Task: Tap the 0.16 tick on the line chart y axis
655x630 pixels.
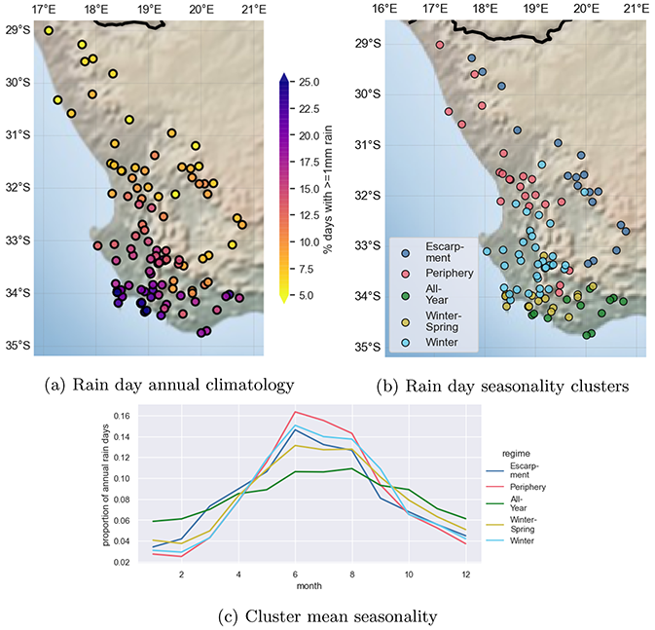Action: tap(119, 416)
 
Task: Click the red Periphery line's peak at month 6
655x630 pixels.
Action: tap(295, 411)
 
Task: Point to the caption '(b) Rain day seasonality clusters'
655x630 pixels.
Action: tap(502, 385)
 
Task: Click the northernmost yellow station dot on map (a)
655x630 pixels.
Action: tap(49, 31)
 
